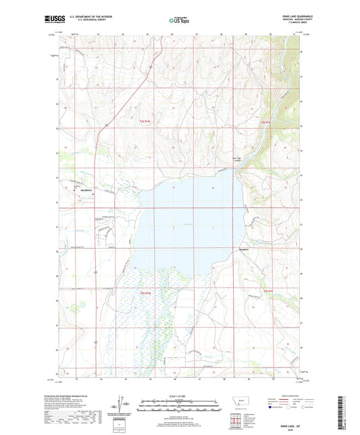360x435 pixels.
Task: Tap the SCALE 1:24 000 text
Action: click(179, 396)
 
